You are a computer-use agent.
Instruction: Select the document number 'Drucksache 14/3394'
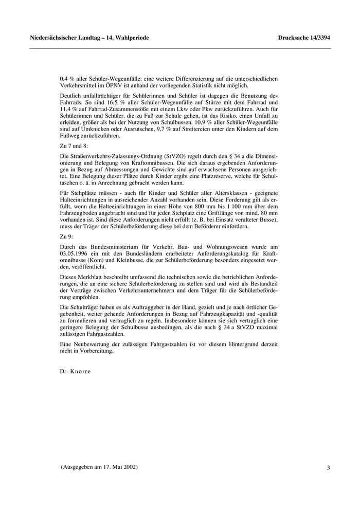304,38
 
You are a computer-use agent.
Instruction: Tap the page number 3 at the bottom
328,468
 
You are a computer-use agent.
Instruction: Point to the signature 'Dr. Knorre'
75,370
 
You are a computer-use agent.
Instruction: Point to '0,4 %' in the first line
68,79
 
